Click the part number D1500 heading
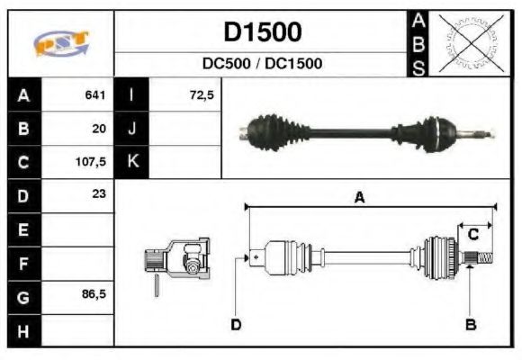coord(262,32)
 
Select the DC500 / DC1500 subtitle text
coord(262,64)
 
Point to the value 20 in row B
coord(99,129)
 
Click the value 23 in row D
coord(99,194)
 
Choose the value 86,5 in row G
coord(94,294)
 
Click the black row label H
coord(23,329)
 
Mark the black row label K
coord(132,162)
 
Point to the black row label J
coord(132,129)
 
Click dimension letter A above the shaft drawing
coord(359,199)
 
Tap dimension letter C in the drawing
coord(472,235)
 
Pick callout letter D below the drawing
coord(235,323)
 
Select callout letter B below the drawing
coord(469,323)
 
